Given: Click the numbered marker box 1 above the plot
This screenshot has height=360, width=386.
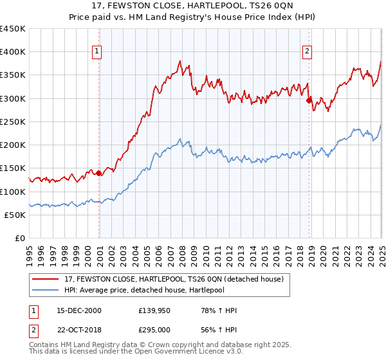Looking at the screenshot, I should pos(96,51).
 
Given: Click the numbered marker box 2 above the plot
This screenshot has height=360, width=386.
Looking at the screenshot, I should pos(308,51).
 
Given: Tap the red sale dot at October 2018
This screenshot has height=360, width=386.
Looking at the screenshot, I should pos(309,100).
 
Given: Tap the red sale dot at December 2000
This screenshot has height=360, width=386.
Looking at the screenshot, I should pos(99,173).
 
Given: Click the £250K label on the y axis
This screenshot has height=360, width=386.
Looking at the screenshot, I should pos(12,122).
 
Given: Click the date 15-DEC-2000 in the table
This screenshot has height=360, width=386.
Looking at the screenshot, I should pos(79,311).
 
